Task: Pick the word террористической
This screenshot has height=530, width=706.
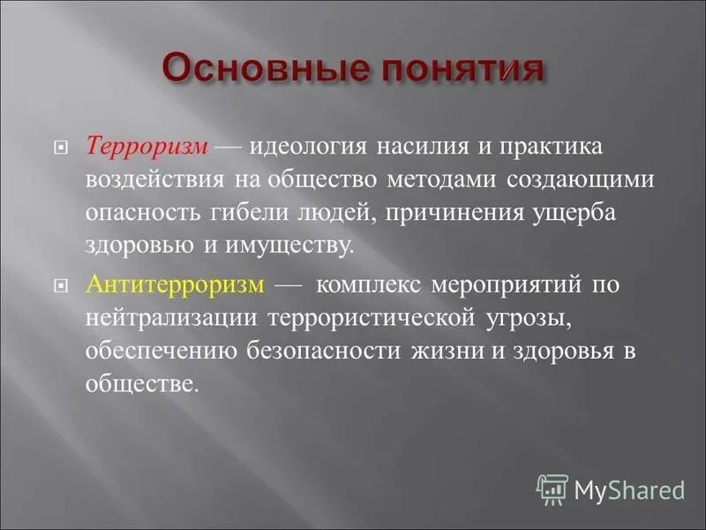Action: coord(368,319)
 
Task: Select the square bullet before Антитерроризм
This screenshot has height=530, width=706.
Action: coord(62,287)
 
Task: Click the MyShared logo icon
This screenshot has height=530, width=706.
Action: coord(552,488)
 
